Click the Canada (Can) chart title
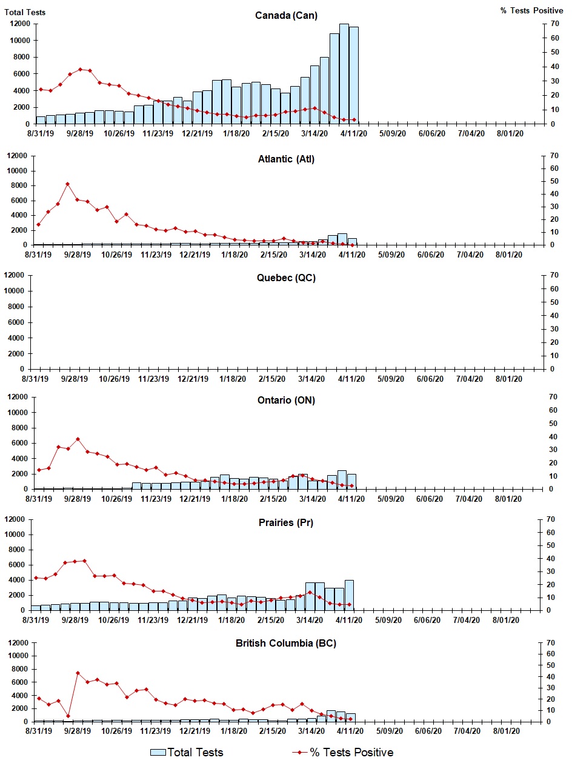point(286,15)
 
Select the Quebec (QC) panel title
point(286,278)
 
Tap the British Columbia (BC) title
point(286,643)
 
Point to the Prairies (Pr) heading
point(286,522)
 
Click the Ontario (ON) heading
point(286,400)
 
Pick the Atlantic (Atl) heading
point(286,159)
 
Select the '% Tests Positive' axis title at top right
point(531,11)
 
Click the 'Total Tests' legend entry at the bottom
point(188,752)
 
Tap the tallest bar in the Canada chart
point(344,73)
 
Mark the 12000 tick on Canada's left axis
point(21,24)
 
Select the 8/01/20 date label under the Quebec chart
point(509,379)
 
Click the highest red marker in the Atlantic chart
point(68,184)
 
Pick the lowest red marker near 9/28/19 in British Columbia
point(68,716)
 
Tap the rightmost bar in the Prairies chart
point(349,594)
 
